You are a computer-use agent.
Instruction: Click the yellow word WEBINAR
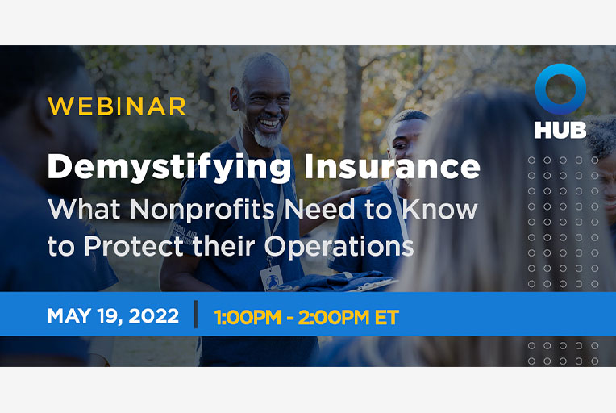116,106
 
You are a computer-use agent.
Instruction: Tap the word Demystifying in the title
169,168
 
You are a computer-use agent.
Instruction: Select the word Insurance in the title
392,166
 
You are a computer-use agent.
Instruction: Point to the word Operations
339,247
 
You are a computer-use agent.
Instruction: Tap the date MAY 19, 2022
113,316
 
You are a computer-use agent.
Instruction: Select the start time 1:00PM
248,318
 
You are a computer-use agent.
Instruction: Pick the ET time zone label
386,318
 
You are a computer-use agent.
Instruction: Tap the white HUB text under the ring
560,130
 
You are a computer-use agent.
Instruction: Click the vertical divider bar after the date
196,314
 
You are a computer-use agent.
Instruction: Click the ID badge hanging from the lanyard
271,277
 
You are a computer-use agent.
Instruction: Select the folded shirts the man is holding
338,282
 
